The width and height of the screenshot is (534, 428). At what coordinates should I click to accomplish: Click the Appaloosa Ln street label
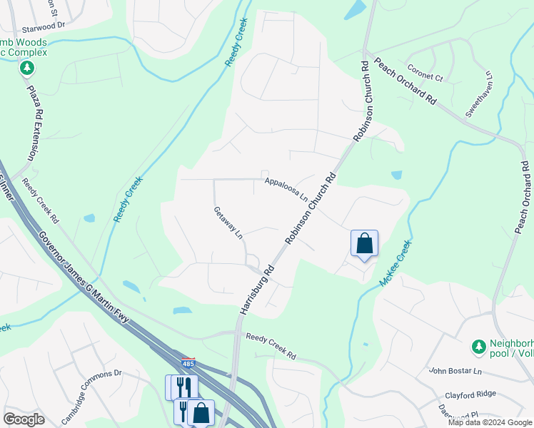[x=286, y=189]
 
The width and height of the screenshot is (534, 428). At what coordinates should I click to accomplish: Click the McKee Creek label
[x=396, y=263]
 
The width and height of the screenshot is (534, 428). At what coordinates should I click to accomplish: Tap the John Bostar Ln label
[x=456, y=371]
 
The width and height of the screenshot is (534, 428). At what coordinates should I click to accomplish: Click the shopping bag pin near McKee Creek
[x=364, y=244]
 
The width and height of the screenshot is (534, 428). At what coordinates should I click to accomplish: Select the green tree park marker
[x=28, y=68]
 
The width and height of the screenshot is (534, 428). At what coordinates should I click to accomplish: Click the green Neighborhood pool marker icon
[x=478, y=347]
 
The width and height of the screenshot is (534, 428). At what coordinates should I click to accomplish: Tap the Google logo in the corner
[x=24, y=419]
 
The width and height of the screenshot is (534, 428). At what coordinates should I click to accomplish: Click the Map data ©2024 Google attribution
[x=490, y=422]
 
